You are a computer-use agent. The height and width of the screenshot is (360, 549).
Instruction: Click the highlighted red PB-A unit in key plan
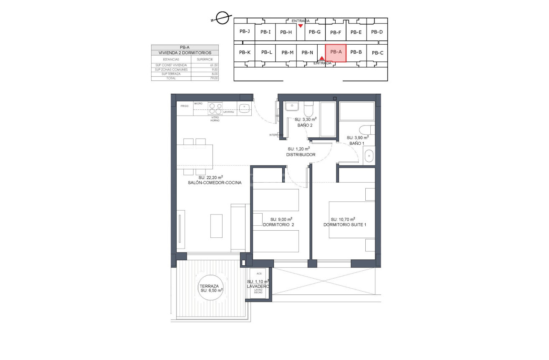(x=336, y=53)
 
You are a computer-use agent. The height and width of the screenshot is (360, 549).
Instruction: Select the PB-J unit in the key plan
(x=245, y=31)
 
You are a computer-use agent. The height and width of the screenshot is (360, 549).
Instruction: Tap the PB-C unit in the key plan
(x=377, y=53)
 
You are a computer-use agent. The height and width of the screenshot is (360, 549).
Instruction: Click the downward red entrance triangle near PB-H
(x=300, y=26)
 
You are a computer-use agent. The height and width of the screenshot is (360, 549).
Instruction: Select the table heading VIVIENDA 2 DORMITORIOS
(x=185, y=53)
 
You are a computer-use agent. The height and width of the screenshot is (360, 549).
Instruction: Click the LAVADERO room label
(x=258, y=287)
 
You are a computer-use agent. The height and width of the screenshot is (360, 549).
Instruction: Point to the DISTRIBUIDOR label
(x=301, y=154)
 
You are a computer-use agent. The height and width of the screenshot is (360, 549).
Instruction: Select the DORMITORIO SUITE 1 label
(x=345, y=225)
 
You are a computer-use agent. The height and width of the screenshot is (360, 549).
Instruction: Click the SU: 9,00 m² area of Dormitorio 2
(x=281, y=219)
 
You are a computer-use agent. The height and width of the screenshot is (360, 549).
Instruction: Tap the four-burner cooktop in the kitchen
(x=215, y=108)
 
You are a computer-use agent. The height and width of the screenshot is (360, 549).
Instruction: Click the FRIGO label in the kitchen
(x=184, y=106)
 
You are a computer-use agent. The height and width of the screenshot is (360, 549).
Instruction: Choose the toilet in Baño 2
(x=309, y=109)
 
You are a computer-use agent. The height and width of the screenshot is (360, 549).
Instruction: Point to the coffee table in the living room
(x=216, y=226)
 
